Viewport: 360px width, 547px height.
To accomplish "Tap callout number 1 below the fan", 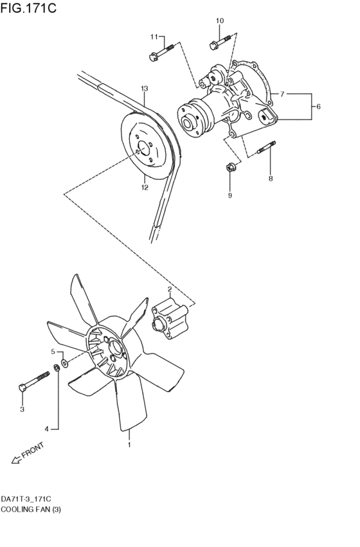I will point(129,444).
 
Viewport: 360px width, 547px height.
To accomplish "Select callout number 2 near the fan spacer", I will point(169,289).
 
